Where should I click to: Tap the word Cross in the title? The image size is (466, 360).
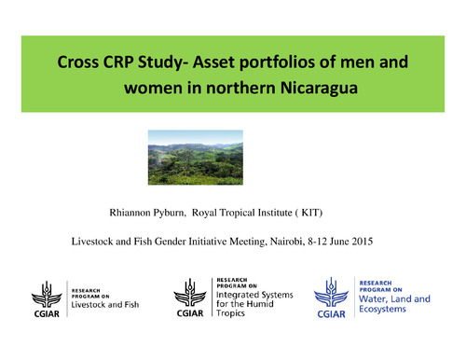click(x=78, y=64)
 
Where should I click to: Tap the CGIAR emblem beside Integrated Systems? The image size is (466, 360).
click(x=192, y=298)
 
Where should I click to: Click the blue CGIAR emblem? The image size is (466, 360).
click(x=336, y=298)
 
